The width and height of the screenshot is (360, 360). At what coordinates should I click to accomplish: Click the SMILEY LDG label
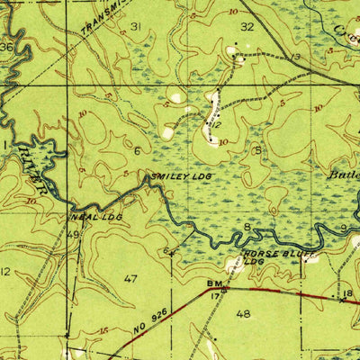coord(181,177)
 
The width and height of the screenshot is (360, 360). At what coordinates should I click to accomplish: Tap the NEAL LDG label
coord(95,218)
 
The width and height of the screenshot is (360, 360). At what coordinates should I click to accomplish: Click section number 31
coord(136,26)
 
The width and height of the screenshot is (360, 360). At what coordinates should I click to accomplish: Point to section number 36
coord(7,47)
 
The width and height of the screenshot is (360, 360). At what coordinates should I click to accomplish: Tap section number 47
coord(131,279)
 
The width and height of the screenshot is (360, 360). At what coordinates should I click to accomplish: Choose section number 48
coord(242,314)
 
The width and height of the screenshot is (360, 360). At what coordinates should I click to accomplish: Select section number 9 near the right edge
coord(343,229)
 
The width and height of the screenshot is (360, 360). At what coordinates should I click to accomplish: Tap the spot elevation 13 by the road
coord(295,58)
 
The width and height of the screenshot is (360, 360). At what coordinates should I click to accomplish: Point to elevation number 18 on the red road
coord(347,294)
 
